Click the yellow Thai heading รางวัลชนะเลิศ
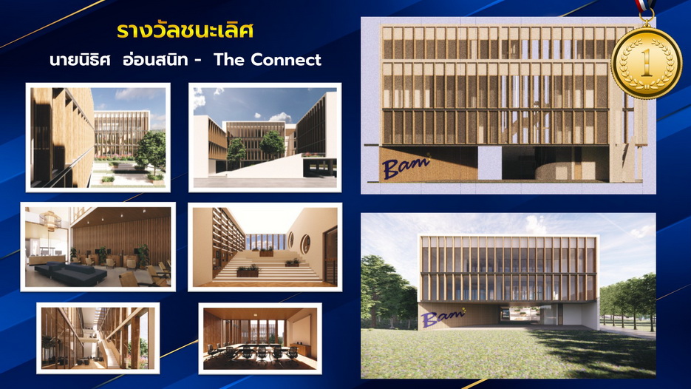(x=185, y=30)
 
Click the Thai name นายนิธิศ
(x=80, y=59)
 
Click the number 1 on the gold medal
(x=647, y=63)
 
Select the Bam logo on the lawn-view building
(x=443, y=317)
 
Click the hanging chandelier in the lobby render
(x=50, y=220)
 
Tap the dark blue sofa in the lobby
(x=70, y=274)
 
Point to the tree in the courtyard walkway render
(x=150, y=152)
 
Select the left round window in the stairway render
(x=291, y=240)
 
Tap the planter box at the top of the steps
(x=265, y=252)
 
